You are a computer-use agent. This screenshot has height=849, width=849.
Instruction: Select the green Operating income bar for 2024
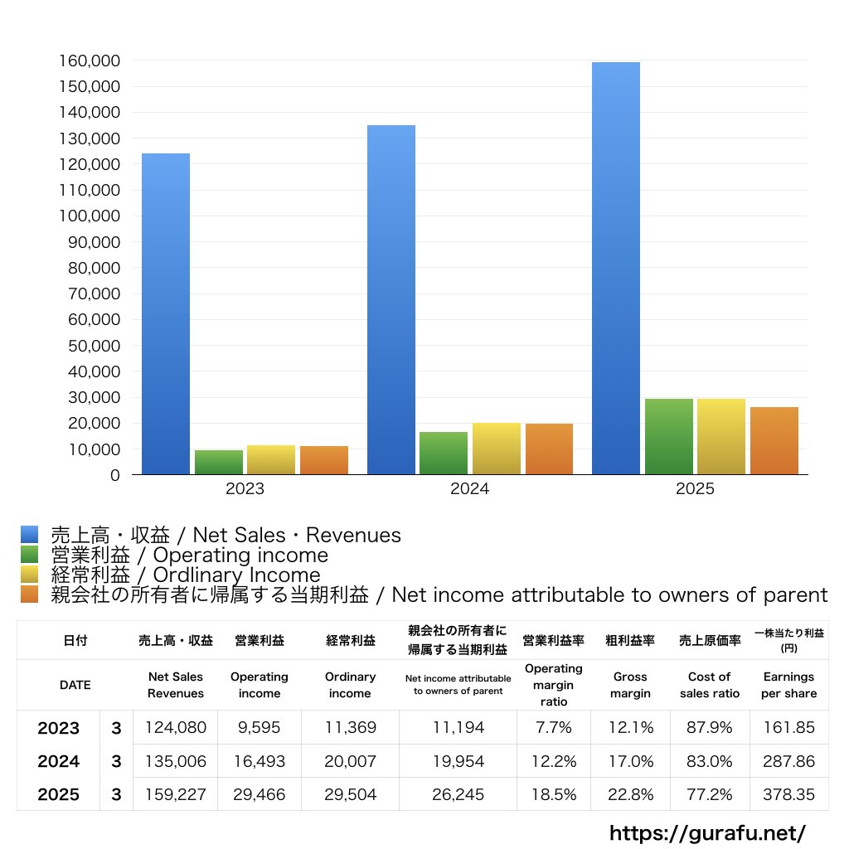click(x=444, y=453)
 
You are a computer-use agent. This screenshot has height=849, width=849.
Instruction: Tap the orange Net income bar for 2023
click(x=324, y=460)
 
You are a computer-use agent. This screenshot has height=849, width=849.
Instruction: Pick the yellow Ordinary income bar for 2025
click(x=720, y=436)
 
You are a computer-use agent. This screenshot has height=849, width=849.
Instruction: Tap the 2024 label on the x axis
click(x=469, y=489)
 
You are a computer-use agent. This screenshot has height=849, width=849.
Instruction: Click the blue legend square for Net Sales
click(x=30, y=535)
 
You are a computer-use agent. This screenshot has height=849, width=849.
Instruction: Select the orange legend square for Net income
click(x=30, y=594)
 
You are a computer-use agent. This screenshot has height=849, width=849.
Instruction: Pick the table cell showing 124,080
click(x=176, y=728)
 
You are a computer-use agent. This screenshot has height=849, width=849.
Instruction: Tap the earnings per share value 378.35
click(x=788, y=794)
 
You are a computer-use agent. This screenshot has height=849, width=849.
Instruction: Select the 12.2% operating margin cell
click(x=554, y=761)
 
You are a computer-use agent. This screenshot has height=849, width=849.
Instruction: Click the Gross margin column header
click(x=630, y=685)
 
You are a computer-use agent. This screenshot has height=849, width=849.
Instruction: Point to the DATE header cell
click(x=75, y=685)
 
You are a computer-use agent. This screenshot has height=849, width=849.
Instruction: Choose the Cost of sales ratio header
click(x=709, y=685)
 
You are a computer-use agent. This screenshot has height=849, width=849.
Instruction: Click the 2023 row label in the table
click(x=59, y=728)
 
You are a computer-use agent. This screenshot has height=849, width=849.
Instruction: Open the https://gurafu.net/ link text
click(x=707, y=832)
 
